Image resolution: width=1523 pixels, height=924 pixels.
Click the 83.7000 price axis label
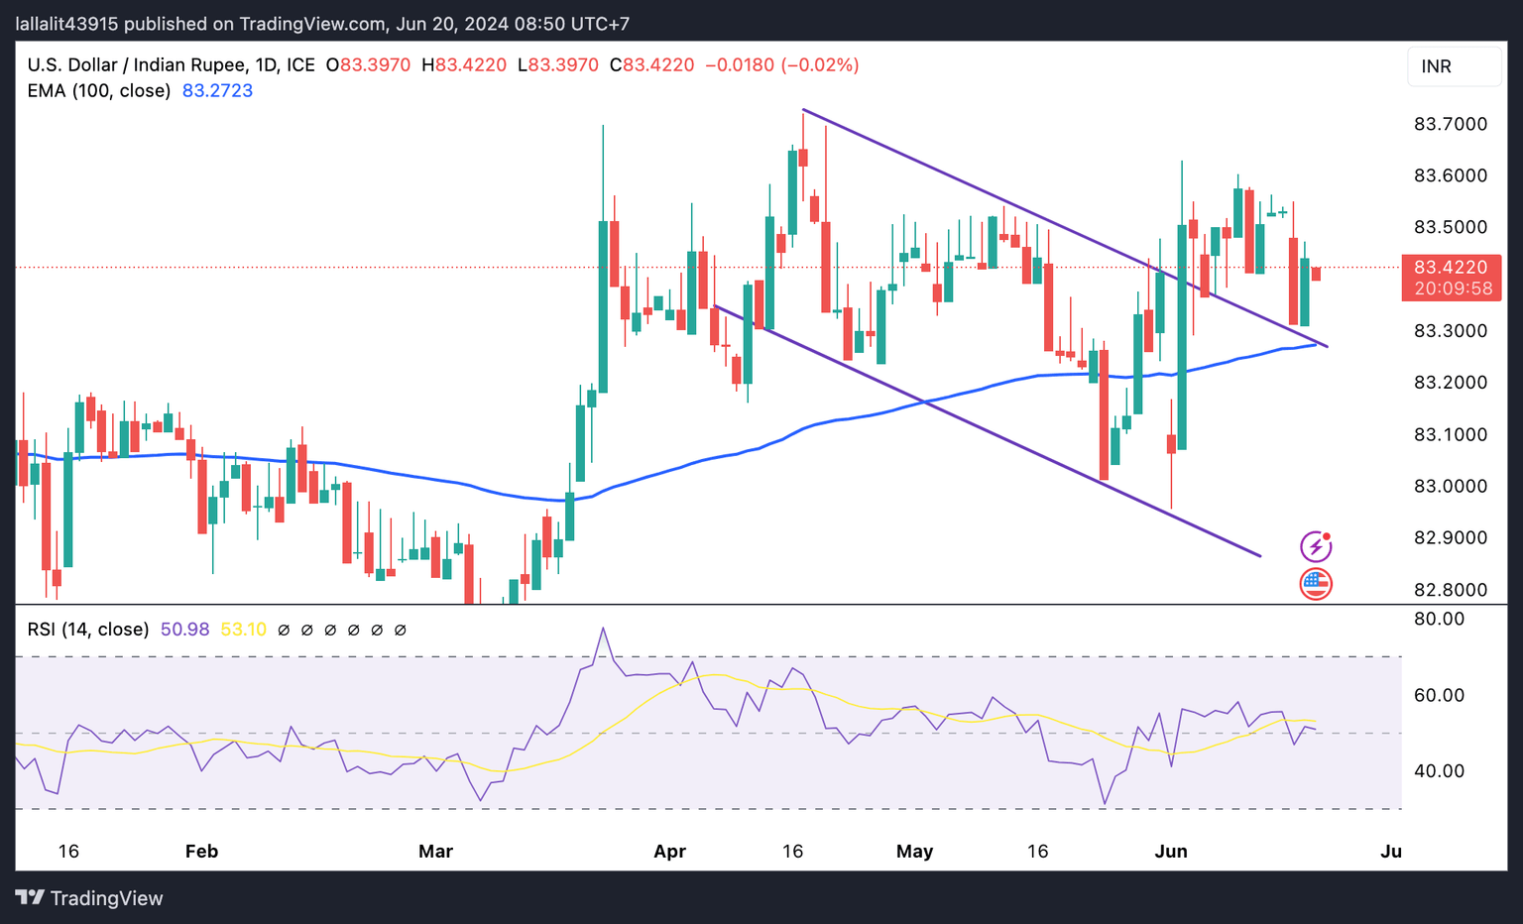click(x=1450, y=124)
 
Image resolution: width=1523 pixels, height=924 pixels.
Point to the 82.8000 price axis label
click(x=1450, y=590)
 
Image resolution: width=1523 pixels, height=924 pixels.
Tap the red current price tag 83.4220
click(x=1451, y=268)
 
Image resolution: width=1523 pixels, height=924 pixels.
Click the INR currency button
click(x=1454, y=66)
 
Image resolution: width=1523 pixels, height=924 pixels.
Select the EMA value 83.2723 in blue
click(x=217, y=91)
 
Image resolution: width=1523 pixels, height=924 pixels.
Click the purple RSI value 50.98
click(x=184, y=630)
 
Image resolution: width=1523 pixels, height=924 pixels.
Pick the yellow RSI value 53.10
click(x=243, y=630)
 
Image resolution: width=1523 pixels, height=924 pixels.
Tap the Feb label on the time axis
click(x=201, y=852)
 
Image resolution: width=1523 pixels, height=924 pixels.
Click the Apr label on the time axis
click(x=670, y=852)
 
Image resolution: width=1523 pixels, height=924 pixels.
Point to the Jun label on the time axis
click(x=1171, y=852)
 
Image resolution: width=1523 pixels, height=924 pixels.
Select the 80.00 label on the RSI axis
click(x=1439, y=619)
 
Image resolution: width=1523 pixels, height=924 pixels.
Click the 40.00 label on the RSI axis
click(x=1439, y=771)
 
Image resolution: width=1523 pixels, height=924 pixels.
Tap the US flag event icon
click(x=1316, y=584)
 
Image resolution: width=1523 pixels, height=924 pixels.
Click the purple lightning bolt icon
click(x=1316, y=546)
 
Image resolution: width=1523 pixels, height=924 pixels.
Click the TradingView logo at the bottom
click(x=90, y=898)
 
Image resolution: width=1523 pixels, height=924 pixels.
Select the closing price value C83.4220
click(x=651, y=65)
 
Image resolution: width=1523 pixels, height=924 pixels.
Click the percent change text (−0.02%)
click(x=820, y=65)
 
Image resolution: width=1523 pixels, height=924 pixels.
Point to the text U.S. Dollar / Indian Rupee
click(x=137, y=65)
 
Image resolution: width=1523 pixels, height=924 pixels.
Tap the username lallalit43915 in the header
click(x=67, y=24)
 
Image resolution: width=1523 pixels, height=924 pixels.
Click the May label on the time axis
click(x=914, y=852)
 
